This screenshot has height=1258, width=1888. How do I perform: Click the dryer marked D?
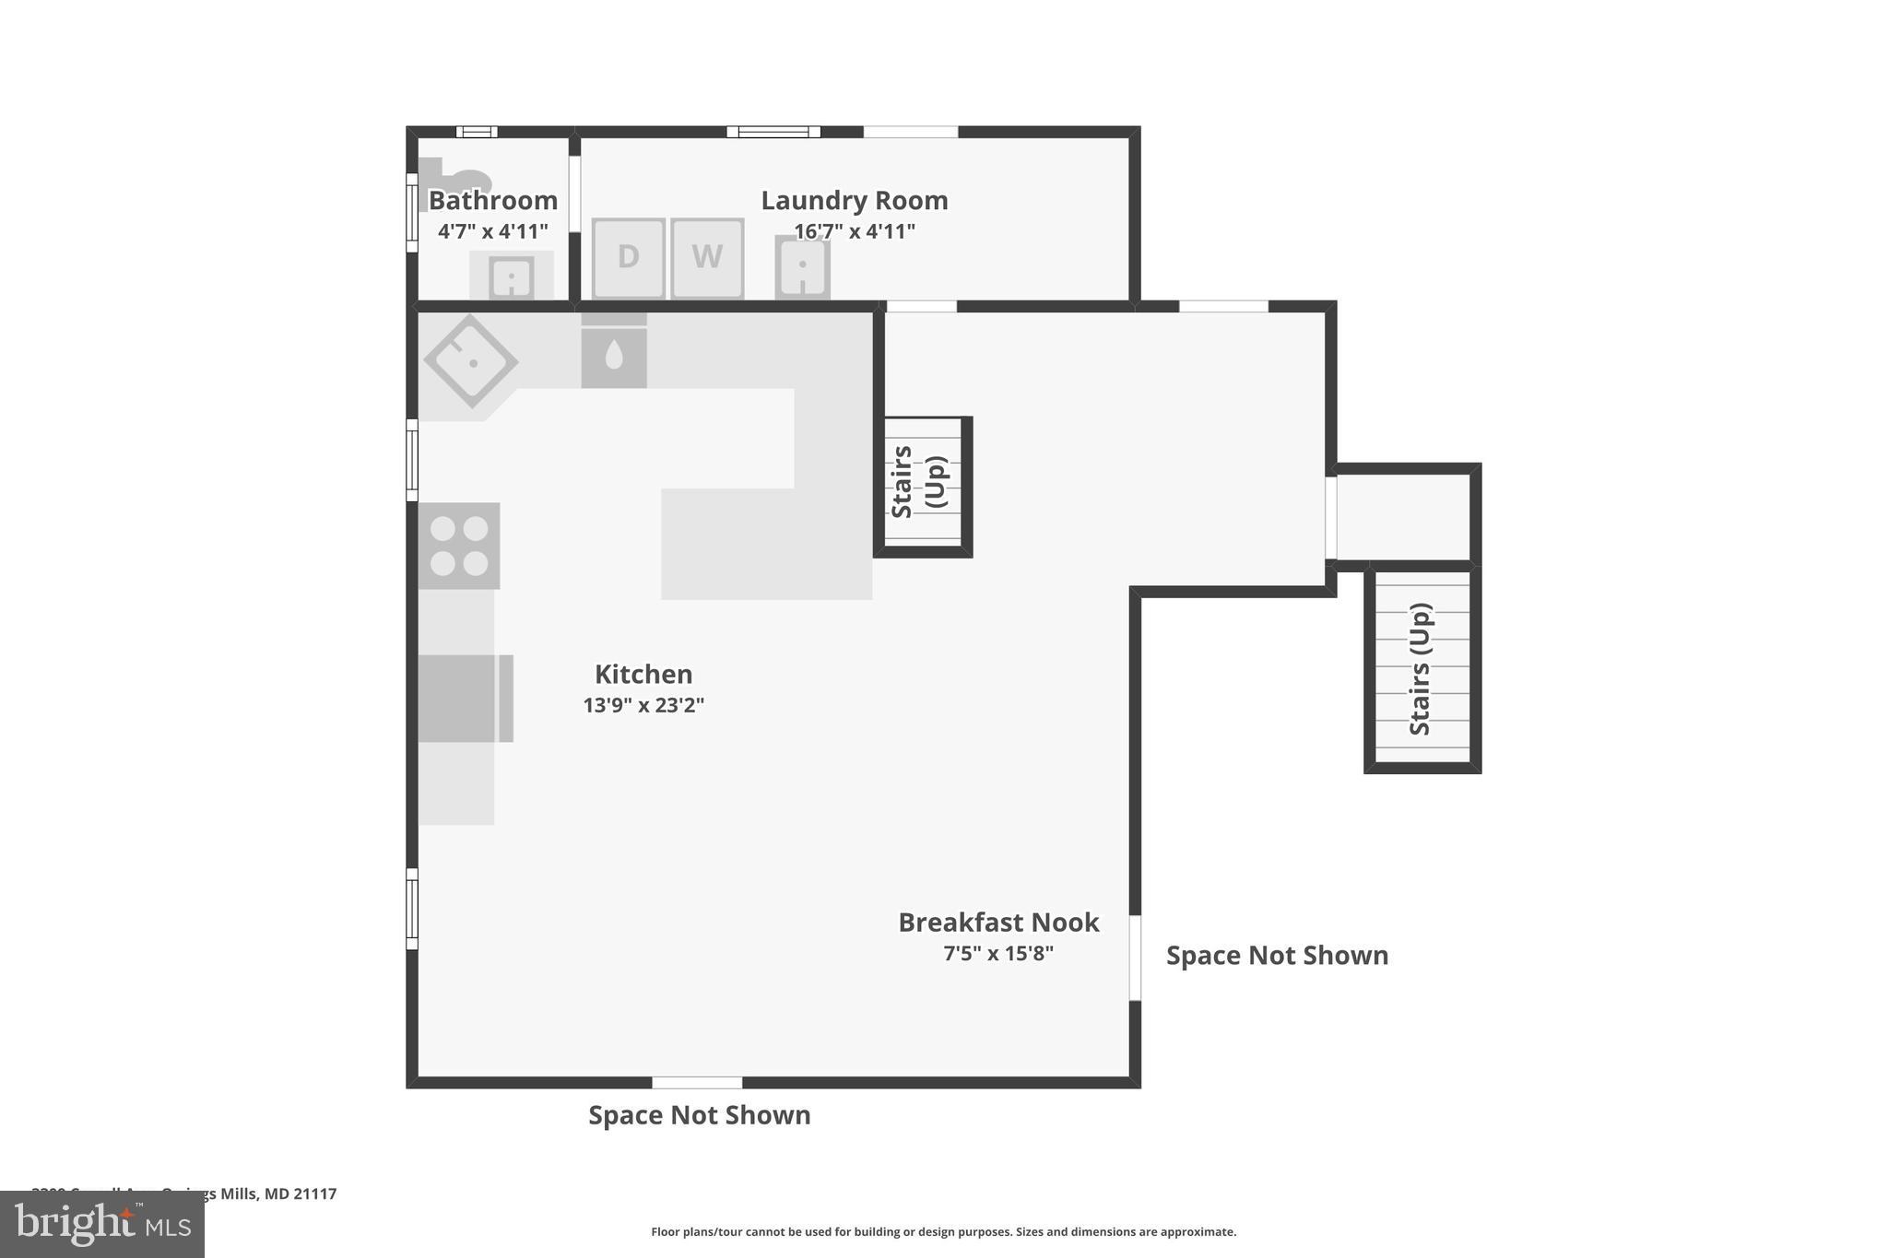[628, 257]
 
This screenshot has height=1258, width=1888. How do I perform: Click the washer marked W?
[707, 257]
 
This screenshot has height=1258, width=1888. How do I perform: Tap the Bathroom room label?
[493, 200]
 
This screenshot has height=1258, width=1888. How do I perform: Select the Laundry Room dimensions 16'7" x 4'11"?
[854, 231]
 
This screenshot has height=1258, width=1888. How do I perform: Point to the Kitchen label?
[643, 674]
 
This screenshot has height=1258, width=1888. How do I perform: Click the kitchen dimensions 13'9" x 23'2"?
[643, 705]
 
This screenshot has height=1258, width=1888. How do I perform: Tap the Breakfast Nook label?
[998, 923]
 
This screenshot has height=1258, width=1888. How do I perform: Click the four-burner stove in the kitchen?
[459, 546]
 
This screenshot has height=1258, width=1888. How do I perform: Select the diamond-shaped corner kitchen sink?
[471, 360]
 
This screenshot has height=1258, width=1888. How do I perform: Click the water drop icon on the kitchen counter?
[614, 355]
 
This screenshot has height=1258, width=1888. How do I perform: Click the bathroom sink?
[511, 276]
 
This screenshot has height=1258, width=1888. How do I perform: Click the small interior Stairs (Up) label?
[918, 482]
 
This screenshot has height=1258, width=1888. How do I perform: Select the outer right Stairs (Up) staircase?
[1422, 668]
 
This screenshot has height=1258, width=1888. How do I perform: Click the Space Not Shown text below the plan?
[699, 1115]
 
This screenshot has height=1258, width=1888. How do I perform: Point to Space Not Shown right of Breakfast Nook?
[1277, 956]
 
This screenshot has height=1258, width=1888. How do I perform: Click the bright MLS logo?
[102, 1225]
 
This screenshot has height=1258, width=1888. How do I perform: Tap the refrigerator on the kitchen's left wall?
[464, 698]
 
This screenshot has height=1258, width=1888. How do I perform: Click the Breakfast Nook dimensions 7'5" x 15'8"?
[998, 954]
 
